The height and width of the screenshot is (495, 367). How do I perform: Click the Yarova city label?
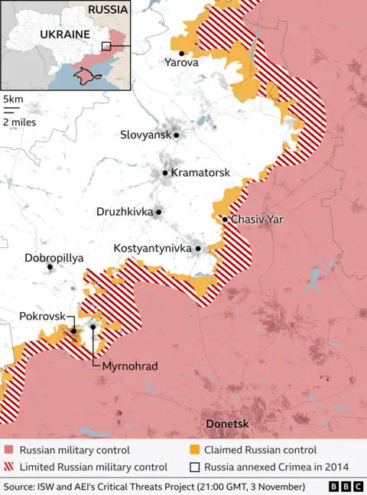(x=182, y=64)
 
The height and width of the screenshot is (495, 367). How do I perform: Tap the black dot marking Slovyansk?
(x=177, y=135)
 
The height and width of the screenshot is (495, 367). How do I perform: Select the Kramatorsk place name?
(x=200, y=173)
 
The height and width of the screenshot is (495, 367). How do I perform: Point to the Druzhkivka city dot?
(x=159, y=212)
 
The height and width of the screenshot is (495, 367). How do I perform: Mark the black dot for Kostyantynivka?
(x=198, y=249)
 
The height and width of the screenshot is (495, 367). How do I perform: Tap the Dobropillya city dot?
(x=50, y=267)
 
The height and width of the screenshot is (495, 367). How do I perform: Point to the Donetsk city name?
(x=228, y=423)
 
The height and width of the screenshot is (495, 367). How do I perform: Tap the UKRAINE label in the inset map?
(x=65, y=34)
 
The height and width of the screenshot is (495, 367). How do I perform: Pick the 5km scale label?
(x=13, y=99)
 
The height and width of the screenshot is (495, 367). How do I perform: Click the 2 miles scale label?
(x=21, y=122)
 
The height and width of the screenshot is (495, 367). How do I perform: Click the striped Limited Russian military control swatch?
(x=8, y=467)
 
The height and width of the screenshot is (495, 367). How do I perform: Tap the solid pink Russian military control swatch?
(x=8, y=450)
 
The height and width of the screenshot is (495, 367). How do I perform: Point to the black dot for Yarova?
(x=181, y=53)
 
